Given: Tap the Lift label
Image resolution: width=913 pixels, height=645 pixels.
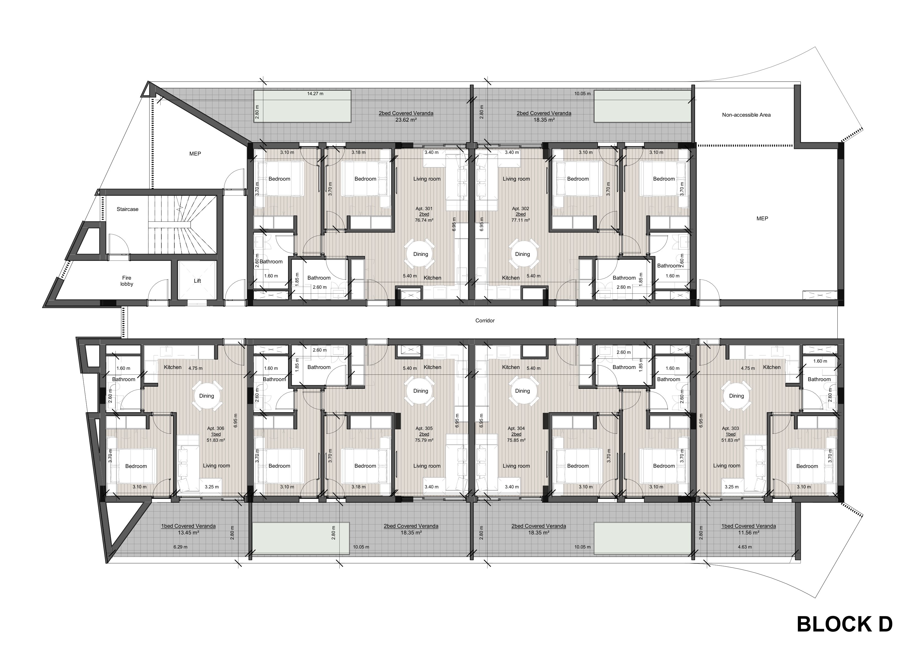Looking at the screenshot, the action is point(197,280).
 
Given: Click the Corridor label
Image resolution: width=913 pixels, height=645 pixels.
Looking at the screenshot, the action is point(485,320).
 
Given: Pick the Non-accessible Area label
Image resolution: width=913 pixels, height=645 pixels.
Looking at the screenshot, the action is point(746,115).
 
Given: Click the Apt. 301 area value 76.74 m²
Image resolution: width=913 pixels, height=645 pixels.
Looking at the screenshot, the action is point(424,220).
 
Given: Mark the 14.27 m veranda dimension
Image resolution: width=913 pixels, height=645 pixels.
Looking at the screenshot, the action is point(315,94).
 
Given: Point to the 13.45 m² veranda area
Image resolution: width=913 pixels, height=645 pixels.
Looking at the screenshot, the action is point(188,532).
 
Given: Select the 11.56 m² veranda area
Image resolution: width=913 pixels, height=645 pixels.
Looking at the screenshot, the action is point(749,532).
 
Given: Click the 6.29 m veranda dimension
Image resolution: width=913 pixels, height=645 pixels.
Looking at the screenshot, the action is point(180,547).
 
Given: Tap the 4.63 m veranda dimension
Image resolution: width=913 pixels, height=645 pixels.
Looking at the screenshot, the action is point(745,547).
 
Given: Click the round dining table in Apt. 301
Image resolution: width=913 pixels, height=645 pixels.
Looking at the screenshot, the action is point(421,254).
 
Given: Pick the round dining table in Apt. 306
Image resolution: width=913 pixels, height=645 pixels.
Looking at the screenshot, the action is point(207,396).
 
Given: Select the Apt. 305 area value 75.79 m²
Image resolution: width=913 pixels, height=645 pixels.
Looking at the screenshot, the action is point(424,440).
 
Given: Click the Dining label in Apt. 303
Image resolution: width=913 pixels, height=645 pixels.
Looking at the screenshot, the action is point(736,396).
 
